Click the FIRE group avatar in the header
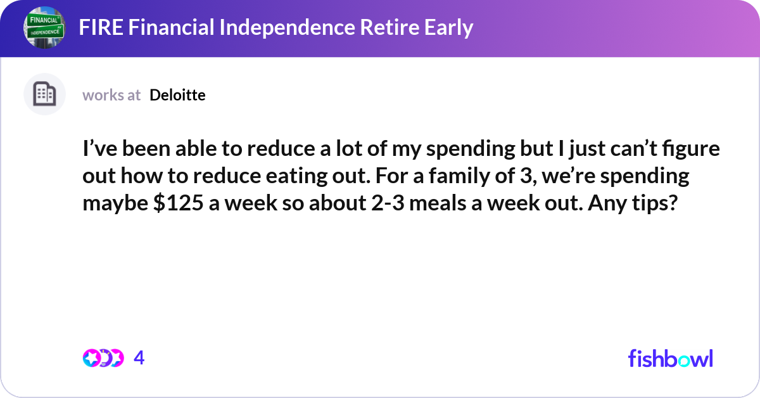(44, 28)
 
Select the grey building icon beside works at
(44, 94)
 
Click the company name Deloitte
(177, 95)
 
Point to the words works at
(111, 95)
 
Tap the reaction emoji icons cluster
(103, 358)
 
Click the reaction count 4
(139, 358)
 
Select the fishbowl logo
(670, 358)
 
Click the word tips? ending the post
(653, 203)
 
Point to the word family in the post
(463, 176)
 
